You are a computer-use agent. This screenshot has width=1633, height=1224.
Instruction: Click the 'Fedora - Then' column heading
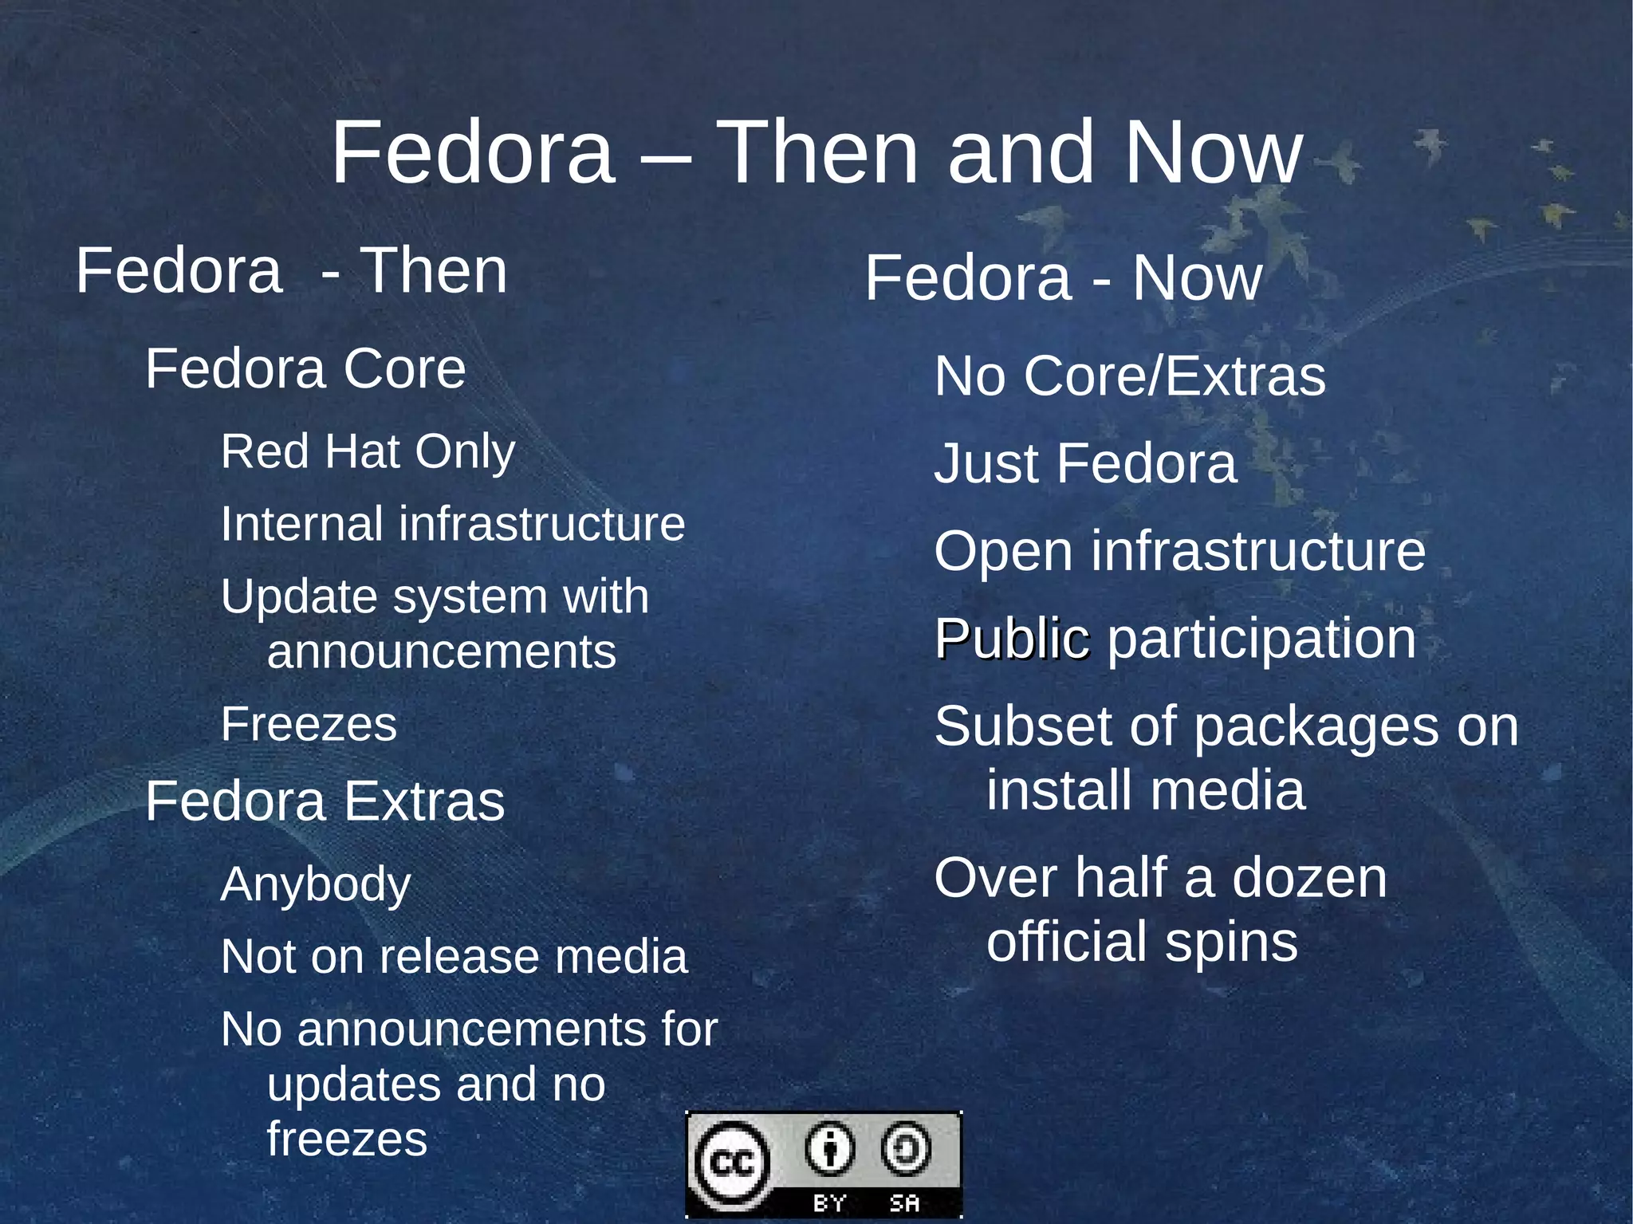[x=291, y=271]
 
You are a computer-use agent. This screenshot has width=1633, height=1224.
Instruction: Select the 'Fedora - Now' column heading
[x=1063, y=278]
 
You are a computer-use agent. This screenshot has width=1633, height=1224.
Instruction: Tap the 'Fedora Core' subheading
[x=305, y=369]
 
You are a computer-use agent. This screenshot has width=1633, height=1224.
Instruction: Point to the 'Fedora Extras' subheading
[x=325, y=801]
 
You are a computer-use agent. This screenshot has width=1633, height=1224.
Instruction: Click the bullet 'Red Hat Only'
[x=368, y=452]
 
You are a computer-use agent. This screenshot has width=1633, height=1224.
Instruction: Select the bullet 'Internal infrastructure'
[x=452, y=524]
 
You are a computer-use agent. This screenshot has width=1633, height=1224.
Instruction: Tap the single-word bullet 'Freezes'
[x=309, y=724]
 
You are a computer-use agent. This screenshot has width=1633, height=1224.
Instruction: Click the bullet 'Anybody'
[x=316, y=884]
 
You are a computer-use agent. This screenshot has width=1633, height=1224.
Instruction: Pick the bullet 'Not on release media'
[x=454, y=956]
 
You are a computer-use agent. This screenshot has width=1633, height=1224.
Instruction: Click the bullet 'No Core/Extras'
[x=1130, y=376]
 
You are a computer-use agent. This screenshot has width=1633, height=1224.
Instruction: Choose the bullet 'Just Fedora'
[x=1085, y=463]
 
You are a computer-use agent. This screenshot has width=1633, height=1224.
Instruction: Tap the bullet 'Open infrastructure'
[x=1179, y=551]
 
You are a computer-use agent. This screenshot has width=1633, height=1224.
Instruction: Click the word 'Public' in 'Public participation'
[x=1012, y=639]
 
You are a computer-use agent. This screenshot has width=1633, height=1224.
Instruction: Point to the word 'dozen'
[x=1309, y=878]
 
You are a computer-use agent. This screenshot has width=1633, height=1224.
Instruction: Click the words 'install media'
[x=1146, y=790]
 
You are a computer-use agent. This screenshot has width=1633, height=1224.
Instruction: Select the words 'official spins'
[x=1142, y=942]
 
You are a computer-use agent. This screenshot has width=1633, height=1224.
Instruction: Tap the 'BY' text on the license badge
[x=829, y=1203]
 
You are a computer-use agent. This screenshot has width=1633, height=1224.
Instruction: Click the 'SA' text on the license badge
[x=904, y=1203]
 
